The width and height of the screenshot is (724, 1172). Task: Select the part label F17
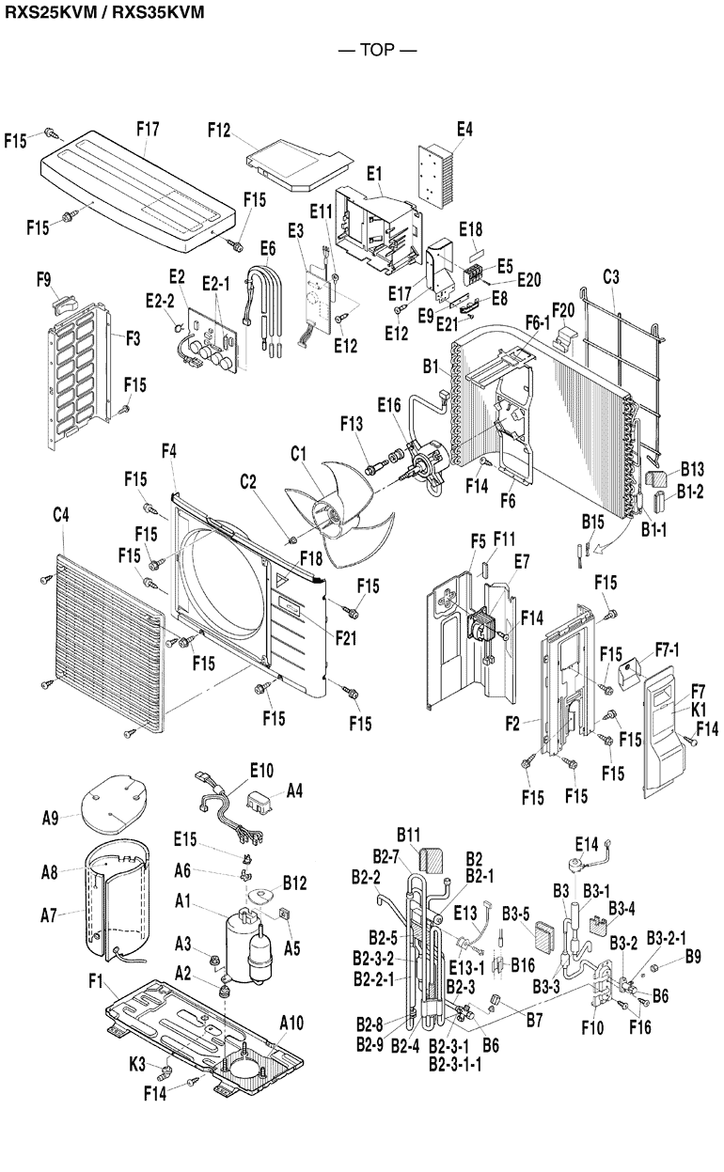148,131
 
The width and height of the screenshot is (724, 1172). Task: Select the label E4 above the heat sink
464,131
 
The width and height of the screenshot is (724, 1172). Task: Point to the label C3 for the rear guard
611,277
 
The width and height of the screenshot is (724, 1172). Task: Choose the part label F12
218,131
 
